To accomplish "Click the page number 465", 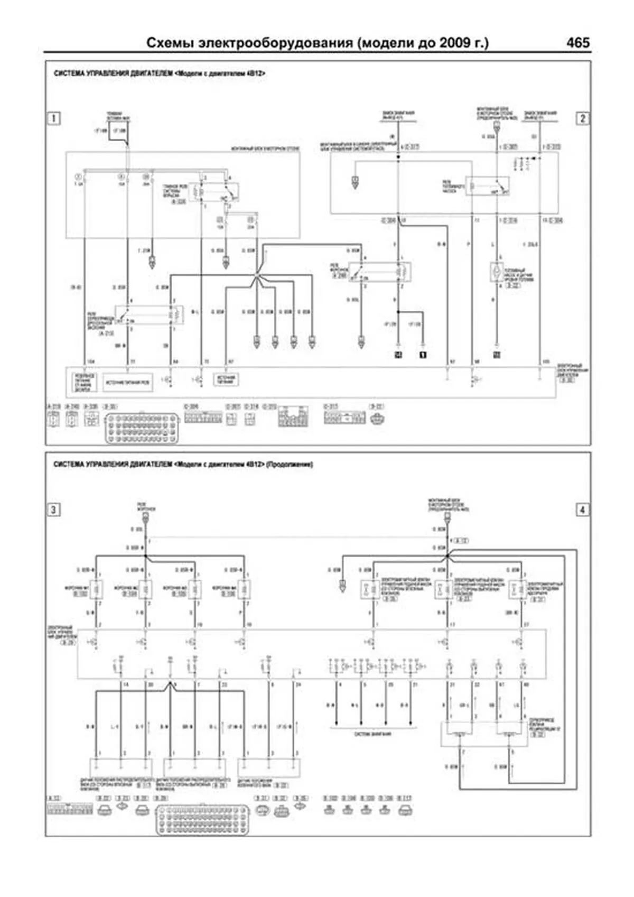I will tap(577, 42).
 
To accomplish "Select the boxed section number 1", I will tap(53, 118).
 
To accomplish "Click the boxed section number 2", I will tap(582, 118).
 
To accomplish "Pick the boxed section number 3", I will tap(53, 510).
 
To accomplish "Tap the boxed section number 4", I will tap(582, 510).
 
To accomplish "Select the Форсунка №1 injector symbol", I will tap(96, 589).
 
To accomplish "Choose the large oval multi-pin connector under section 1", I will tap(142, 427).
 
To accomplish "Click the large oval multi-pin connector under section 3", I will tap(202, 820).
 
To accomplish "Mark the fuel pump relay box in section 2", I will tap(487, 186).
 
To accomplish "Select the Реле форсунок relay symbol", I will tap(379, 271).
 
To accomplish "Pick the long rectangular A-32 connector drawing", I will tap(70, 809).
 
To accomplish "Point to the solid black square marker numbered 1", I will tap(423, 355).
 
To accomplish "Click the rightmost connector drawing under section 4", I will tap(405, 810).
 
